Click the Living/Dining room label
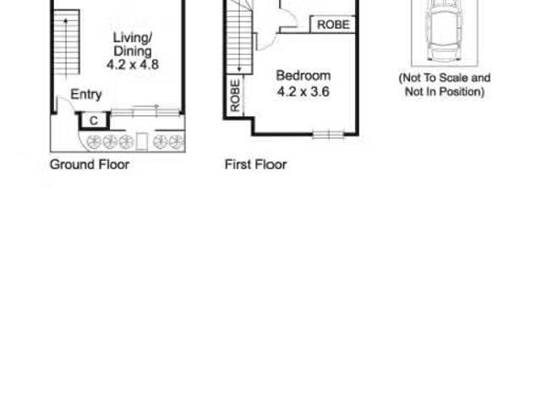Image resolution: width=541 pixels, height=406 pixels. [133, 44]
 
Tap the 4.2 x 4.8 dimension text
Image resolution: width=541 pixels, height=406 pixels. [133, 64]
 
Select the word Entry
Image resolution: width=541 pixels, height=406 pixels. [86, 94]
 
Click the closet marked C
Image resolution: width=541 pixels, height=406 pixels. [94, 121]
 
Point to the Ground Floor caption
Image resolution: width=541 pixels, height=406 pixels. [90, 164]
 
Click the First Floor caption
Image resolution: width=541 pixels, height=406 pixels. [255, 164]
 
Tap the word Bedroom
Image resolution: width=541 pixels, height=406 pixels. [303, 75]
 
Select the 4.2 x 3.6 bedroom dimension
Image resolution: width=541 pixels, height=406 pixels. [303, 91]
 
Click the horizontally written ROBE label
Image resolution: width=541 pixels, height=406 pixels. [333, 25]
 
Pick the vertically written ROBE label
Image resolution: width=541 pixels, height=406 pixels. [235, 96]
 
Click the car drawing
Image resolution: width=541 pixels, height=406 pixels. [445, 30]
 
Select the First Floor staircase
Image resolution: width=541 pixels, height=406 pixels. [239, 38]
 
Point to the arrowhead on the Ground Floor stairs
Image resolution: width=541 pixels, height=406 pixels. [66, 20]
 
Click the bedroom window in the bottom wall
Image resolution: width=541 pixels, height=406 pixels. [329, 134]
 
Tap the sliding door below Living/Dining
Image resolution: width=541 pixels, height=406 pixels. [146, 111]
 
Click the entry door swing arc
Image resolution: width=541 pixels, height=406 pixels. [67, 102]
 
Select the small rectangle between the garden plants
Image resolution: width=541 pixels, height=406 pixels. [141, 141]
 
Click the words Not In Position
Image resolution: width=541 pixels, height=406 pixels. [445, 92]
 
